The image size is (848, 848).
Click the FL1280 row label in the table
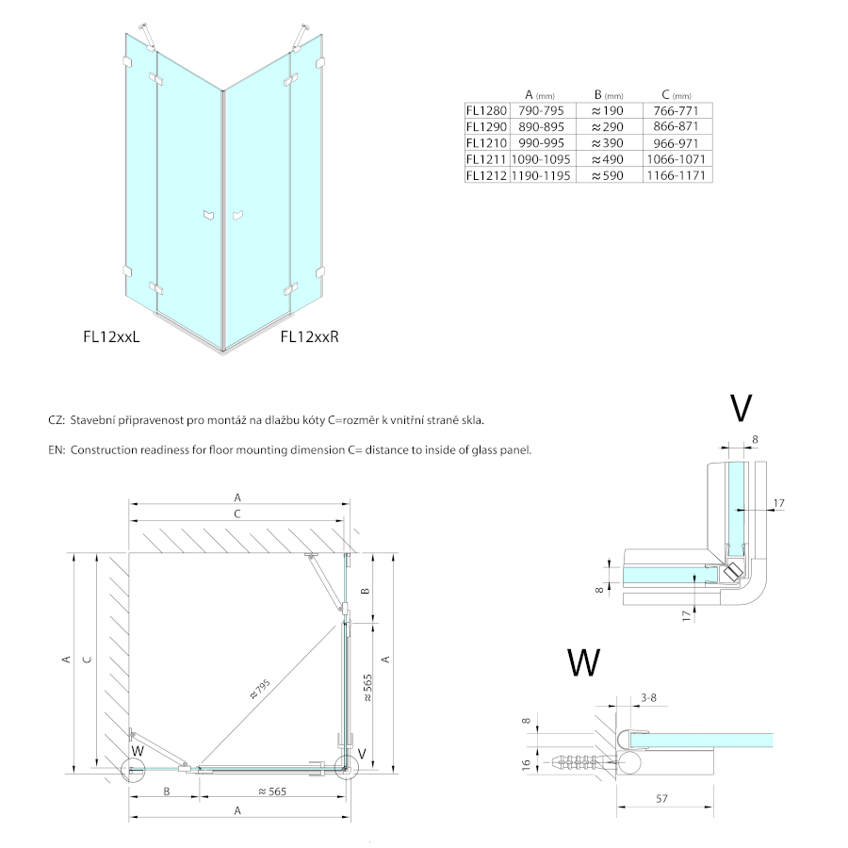click(x=486, y=109)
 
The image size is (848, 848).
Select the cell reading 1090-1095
click(x=540, y=159)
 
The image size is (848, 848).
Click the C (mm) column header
click(x=676, y=94)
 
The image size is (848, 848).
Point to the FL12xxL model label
click(x=111, y=335)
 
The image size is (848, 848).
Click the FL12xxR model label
click(x=309, y=335)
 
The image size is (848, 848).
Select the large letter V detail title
click(x=741, y=407)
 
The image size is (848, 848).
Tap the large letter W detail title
click(x=584, y=662)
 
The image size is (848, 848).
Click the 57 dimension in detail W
click(x=663, y=800)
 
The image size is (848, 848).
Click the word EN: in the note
click(x=56, y=450)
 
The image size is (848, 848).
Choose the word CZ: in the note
click(x=56, y=421)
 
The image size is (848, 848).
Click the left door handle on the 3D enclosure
click(x=208, y=216)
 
